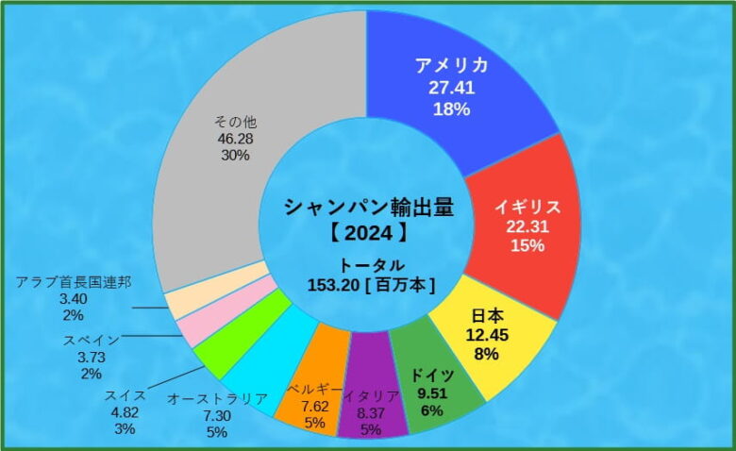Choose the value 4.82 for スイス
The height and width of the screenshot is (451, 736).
[125, 411]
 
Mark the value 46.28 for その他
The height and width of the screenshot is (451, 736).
[236, 139]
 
